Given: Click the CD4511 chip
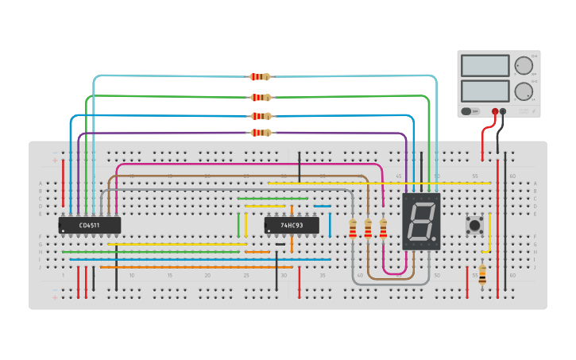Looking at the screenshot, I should click(x=89, y=226).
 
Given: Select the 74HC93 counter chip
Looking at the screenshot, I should click(x=292, y=226).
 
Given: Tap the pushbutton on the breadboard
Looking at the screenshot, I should click(x=475, y=226).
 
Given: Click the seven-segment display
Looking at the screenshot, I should click(x=420, y=222).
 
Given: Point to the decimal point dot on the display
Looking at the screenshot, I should click(x=435, y=239).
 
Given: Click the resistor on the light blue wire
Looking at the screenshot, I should click(x=260, y=77).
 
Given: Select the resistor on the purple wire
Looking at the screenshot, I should click(x=260, y=133).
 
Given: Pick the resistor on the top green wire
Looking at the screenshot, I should click(x=260, y=97).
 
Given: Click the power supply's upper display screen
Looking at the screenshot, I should click(x=485, y=65).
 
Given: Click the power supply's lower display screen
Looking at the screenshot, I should click(x=485, y=90).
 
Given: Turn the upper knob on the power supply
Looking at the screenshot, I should click(x=523, y=65).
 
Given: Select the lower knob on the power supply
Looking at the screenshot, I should click(x=523, y=91).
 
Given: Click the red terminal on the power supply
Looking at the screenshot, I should click(x=494, y=112).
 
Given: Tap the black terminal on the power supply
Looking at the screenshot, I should click(x=503, y=112).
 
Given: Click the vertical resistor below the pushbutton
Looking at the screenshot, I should click(x=482, y=273).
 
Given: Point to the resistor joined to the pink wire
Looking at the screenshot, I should click(x=383, y=229).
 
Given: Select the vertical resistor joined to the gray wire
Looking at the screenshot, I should click(x=353, y=229).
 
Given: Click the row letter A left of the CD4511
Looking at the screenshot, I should click(x=41, y=184).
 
